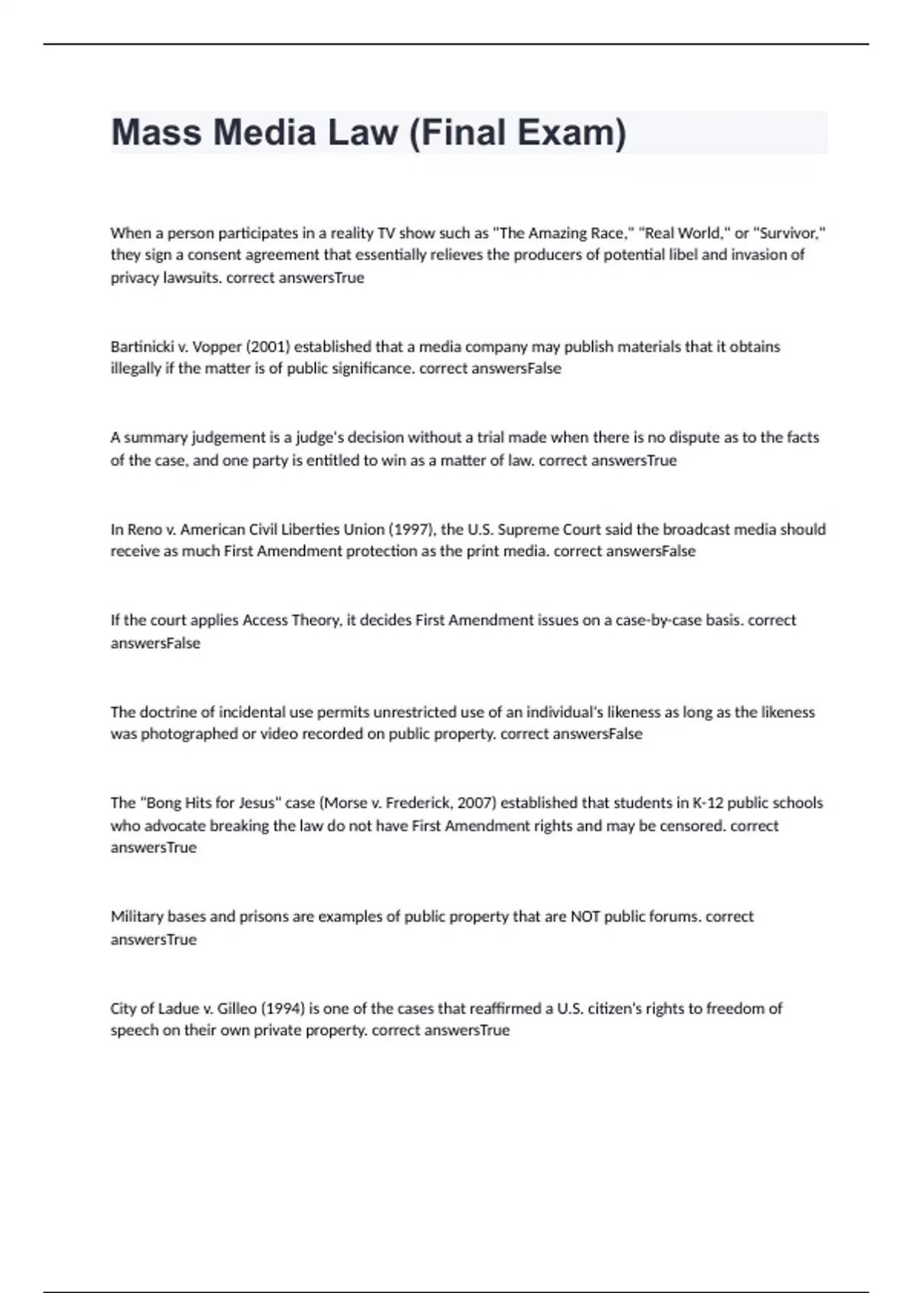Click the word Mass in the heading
(156, 132)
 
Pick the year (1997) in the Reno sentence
(412, 529)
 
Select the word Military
(137, 917)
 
